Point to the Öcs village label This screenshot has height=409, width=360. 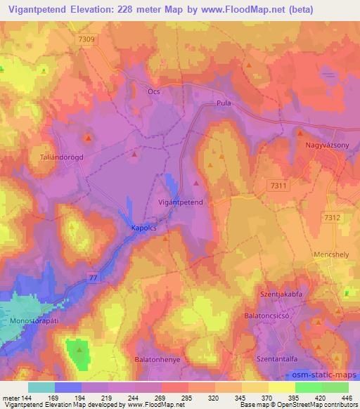tap(155, 91)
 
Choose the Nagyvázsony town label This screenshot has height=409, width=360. tap(328, 145)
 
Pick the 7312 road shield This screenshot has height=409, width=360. tap(332, 218)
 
